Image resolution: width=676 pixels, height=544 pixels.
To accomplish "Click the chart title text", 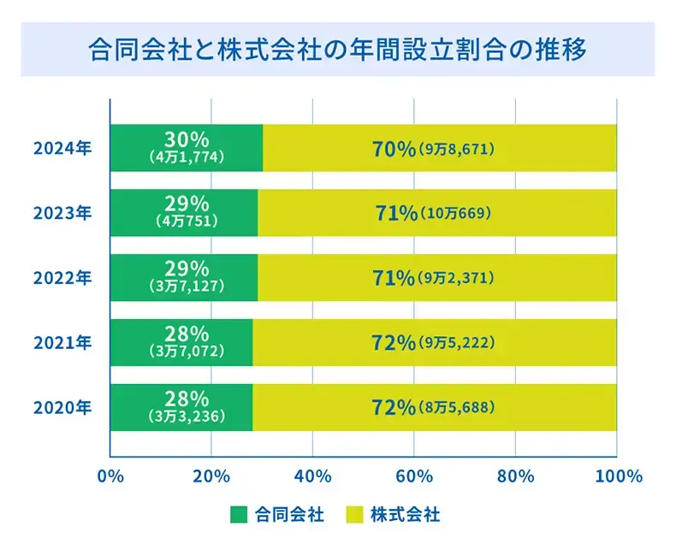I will coord(337,49).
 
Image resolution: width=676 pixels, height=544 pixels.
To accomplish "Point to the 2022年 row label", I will coord(62,278).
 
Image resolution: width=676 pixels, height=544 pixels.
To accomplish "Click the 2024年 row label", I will coord(62,148).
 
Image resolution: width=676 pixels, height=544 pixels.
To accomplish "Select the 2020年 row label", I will coord(62,408).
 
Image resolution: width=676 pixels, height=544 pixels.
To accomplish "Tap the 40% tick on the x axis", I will coord(312,476).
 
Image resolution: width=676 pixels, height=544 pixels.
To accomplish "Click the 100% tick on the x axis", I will coord(616,476).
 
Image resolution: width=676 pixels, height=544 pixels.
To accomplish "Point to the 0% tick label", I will coord(110,476).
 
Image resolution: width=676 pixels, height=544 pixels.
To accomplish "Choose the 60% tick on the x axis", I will coord(413,476).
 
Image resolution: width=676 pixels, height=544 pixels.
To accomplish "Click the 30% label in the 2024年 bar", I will coord(187,138).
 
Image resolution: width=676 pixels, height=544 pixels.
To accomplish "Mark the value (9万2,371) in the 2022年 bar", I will coord(457,279).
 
